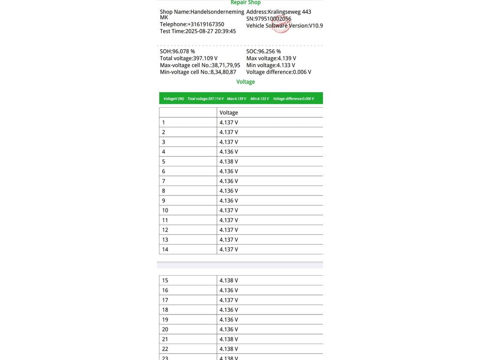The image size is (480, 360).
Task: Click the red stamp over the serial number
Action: [281, 24]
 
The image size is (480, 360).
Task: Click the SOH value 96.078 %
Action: [177, 52]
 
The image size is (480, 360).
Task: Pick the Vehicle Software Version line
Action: [284, 26]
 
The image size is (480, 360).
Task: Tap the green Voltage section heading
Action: [246, 82]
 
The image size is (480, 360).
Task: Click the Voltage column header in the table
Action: [229, 112]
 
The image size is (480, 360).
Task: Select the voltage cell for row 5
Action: [229, 161]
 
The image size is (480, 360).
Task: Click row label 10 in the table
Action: [165, 210]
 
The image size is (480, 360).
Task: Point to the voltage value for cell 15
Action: [229, 280]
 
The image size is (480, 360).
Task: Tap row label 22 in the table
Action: [165, 349]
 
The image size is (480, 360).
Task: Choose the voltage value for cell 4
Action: [229, 151]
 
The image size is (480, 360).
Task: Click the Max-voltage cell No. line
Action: [200, 65]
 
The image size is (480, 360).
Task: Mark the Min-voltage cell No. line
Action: [198, 72]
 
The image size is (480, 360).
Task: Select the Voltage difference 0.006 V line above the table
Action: [278, 72]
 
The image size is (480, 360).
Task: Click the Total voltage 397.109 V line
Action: [188, 59]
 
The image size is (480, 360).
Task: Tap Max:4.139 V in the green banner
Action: [236, 99]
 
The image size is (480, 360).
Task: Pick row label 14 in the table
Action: [165, 249]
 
